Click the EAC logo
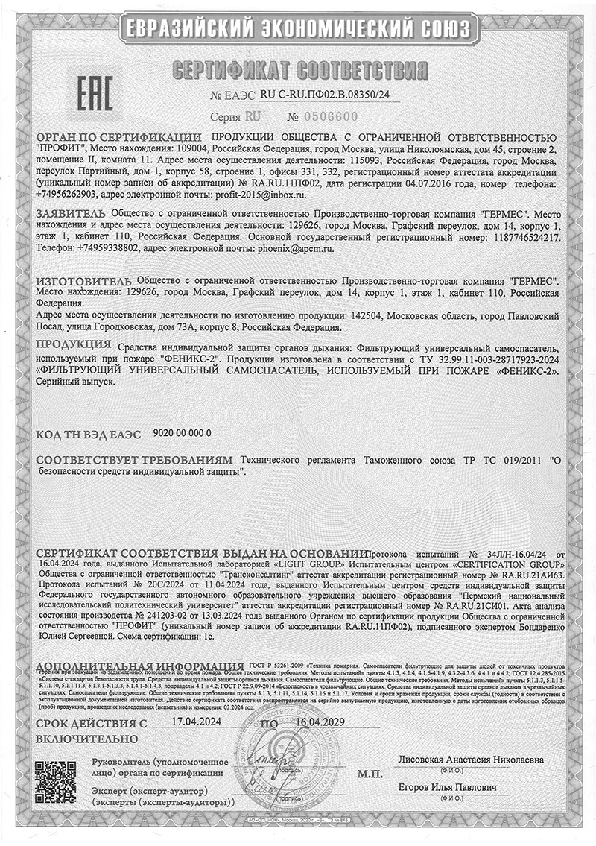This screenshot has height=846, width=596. click(x=95, y=93)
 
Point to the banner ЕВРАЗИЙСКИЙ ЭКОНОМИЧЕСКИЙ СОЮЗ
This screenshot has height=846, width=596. click(x=298, y=28)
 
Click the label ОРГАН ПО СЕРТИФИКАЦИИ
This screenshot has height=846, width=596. click(x=118, y=139)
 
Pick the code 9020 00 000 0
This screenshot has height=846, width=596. click(x=182, y=432)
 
